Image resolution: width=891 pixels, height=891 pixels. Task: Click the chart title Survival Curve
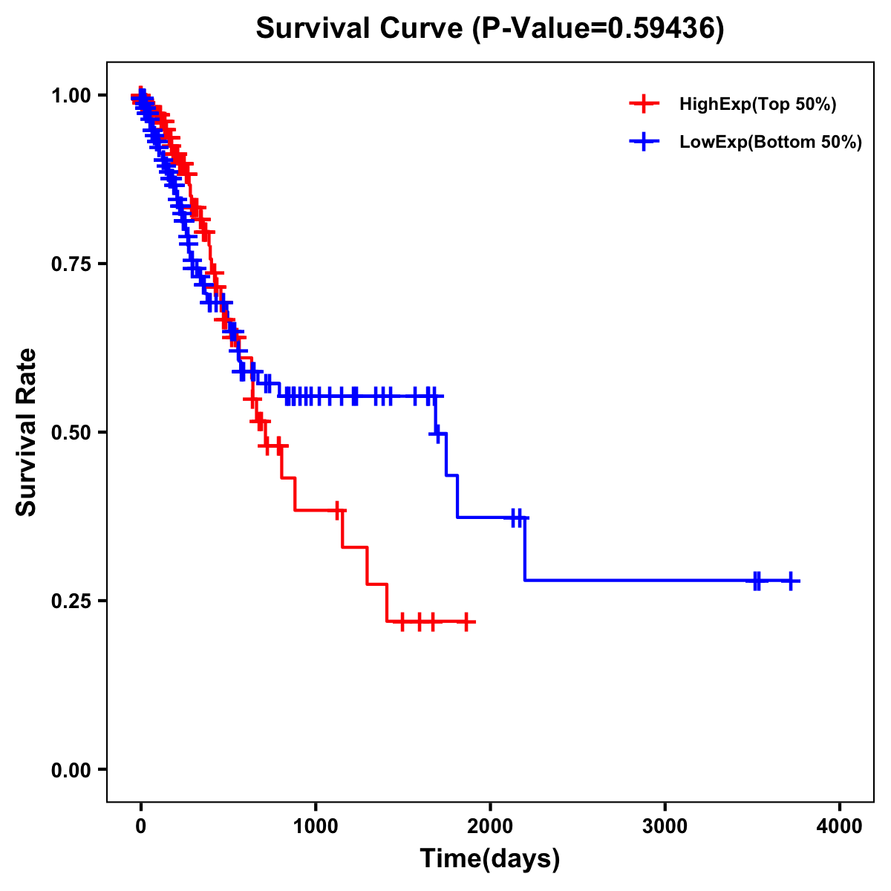click(362, 28)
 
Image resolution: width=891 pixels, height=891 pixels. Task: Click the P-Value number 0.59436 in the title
click(662, 28)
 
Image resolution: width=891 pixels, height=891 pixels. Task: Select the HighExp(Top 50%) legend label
click(758, 105)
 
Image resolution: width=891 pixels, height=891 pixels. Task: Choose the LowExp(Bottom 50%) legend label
click(771, 143)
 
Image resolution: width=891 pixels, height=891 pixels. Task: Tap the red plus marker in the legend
click(644, 105)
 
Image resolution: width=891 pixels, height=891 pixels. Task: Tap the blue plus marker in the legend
click(644, 143)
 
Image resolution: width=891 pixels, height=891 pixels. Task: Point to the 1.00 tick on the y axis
click(71, 96)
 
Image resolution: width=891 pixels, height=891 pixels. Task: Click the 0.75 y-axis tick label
click(71, 264)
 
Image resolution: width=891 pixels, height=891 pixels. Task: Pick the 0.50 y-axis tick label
click(71, 433)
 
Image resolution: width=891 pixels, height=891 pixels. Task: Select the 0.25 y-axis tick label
click(71, 601)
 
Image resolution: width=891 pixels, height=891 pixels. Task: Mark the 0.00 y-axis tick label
click(71, 770)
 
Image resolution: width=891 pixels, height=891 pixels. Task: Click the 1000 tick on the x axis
click(316, 826)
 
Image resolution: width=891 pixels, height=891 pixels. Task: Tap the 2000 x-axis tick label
click(490, 826)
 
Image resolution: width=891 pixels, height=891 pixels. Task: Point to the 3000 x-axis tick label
click(665, 826)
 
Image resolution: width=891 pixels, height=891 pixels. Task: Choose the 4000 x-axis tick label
click(840, 826)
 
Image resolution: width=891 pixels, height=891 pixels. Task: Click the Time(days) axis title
click(490, 859)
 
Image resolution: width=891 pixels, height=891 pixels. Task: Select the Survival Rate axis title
click(27, 432)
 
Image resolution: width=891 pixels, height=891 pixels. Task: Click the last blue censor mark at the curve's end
click(792, 581)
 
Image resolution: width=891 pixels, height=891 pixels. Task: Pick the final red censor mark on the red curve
click(466, 621)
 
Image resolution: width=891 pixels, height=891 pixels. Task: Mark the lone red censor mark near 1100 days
click(339, 511)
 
